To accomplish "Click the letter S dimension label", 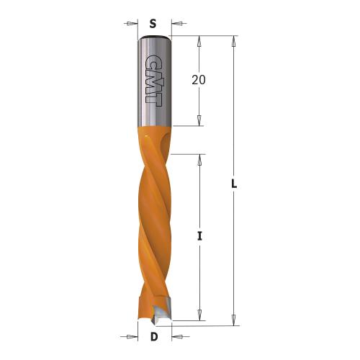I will [153, 23].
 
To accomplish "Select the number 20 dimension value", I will [199, 81].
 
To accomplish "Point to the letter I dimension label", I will [199, 235].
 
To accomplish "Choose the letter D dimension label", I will [153, 337].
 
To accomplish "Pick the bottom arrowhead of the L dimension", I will [234, 320].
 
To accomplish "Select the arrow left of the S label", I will [131, 24].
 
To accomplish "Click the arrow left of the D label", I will [132, 336].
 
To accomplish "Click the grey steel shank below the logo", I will [153, 115].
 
